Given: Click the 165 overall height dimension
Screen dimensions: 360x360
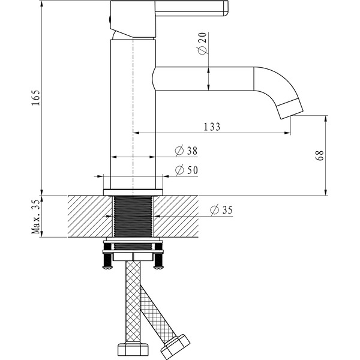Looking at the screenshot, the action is pyautogui.click(x=35, y=98).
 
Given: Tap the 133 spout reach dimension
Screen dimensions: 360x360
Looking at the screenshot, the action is pyautogui.click(x=212, y=127).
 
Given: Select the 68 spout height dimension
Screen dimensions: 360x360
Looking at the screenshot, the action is pyautogui.click(x=320, y=155).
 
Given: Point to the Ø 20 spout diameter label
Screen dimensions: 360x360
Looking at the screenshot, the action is pyautogui.click(x=202, y=44).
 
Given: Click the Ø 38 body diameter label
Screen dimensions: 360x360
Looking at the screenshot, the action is pyautogui.click(x=186, y=151).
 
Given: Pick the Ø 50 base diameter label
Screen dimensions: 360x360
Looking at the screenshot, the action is pyautogui.click(x=186, y=170).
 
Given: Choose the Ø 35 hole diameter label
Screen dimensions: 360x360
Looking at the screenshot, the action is pyautogui.click(x=221, y=210).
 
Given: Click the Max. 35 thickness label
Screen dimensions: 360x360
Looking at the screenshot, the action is pyautogui.click(x=35, y=217).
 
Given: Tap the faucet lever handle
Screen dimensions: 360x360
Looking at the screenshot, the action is pyautogui.click(x=192, y=8).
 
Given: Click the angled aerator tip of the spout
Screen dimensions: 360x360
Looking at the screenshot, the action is pyautogui.click(x=290, y=108).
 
